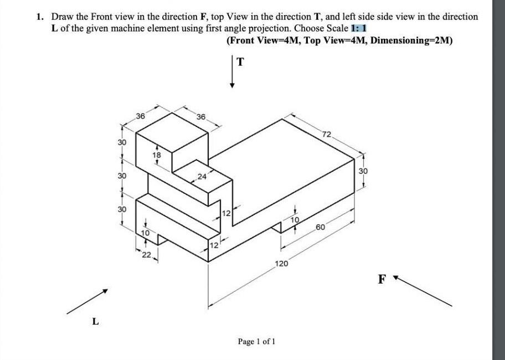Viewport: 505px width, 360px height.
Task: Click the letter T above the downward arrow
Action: pyautogui.click(x=240, y=61)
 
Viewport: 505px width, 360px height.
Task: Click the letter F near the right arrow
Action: pyautogui.click(x=382, y=279)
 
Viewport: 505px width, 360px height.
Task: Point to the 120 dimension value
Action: pyautogui.click(x=281, y=264)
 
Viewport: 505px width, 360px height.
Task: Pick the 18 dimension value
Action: pyautogui.click(x=157, y=156)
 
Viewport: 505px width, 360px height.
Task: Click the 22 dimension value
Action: pyautogui.click(x=146, y=254)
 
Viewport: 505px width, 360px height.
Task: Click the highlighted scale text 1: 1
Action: pyautogui.click(x=360, y=28)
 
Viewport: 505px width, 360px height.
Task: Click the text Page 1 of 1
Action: pyautogui.click(x=256, y=341)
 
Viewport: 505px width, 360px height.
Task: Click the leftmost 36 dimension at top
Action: pyautogui.click(x=141, y=116)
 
